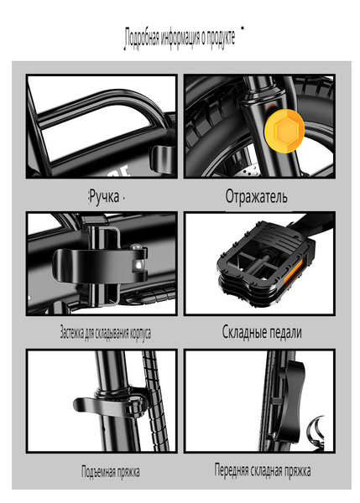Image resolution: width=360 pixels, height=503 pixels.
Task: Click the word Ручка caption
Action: [104, 196]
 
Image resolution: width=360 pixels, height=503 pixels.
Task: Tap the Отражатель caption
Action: [256, 196]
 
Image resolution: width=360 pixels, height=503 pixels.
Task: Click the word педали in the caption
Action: [285, 332]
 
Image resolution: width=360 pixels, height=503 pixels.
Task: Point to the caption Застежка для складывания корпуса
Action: [106, 333]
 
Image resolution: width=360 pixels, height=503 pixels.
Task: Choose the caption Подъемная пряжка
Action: [110, 471]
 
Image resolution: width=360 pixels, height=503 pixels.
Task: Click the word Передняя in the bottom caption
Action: [232, 470]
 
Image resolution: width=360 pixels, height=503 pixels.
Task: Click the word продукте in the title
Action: [221, 37]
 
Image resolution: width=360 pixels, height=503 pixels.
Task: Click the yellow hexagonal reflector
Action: [284, 128]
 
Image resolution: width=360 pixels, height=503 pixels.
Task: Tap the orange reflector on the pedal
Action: [293, 272]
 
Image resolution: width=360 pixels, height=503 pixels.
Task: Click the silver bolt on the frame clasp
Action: [138, 265]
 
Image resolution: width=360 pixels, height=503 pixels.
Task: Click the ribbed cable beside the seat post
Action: [155, 401]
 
